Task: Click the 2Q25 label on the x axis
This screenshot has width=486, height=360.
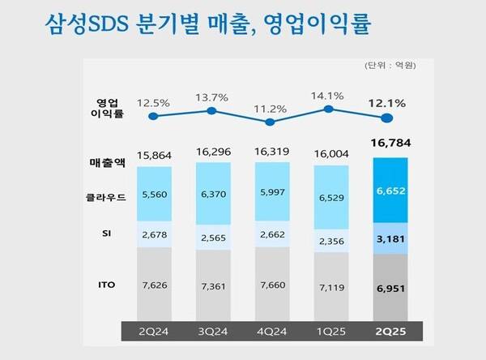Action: [x=389, y=332]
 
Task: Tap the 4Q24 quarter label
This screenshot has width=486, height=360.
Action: [x=271, y=332]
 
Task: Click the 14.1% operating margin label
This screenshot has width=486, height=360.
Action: [x=329, y=93]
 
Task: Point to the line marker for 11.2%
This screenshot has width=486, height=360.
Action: [x=271, y=122]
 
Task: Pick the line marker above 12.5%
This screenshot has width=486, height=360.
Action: [x=152, y=116]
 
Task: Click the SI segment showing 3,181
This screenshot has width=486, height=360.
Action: [x=390, y=238]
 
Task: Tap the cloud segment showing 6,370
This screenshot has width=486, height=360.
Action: [x=211, y=195]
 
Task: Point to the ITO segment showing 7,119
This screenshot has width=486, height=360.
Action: [x=329, y=286]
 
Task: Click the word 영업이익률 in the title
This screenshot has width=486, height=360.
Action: [x=320, y=23]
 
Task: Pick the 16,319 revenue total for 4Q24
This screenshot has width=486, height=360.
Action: [x=271, y=151]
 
